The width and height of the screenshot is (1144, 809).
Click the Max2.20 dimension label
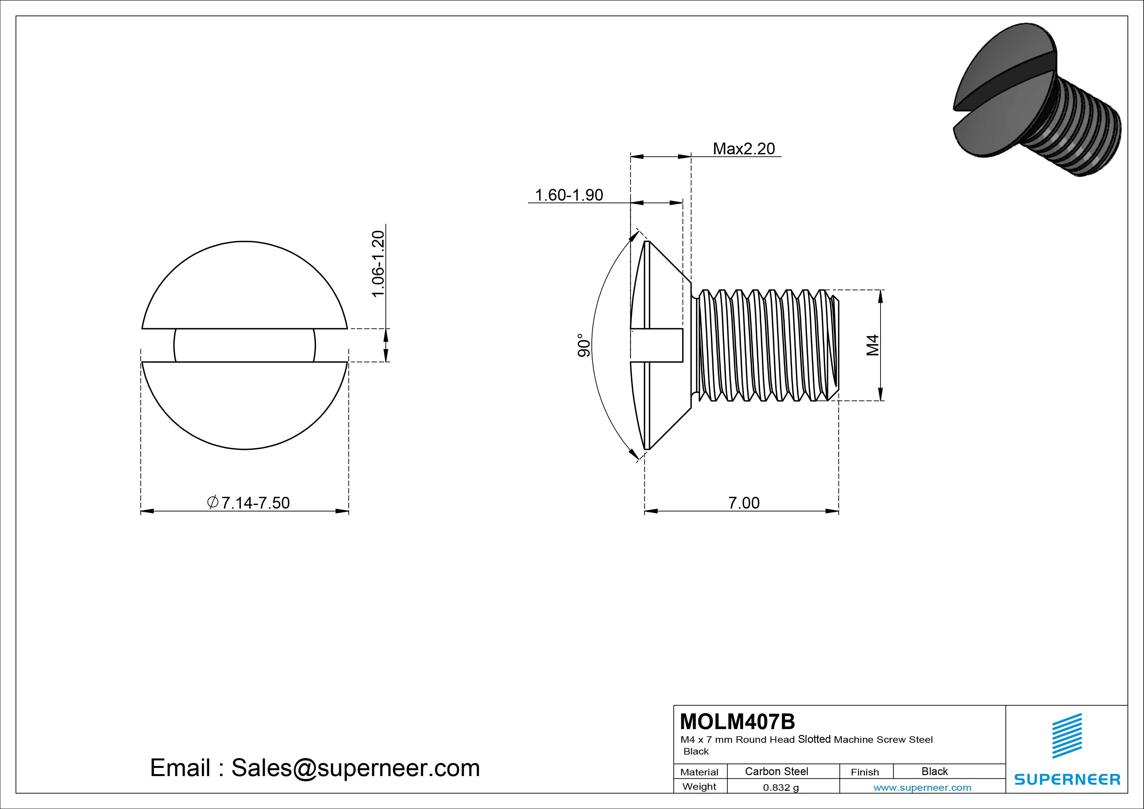pyautogui.click(x=744, y=148)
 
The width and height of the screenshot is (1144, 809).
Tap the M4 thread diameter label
pyautogui.click(x=872, y=345)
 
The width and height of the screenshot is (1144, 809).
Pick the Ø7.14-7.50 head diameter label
pyautogui.click(x=248, y=502)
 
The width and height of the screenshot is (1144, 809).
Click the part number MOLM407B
pyautogui.click(x=737, y=721)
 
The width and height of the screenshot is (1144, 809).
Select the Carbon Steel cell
pyautogui.click(x=776, y=771)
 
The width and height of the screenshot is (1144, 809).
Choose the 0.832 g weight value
pyautogui.click(x=780, y=787)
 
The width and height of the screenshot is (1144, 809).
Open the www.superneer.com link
pyautogui.click(x=922, y=787)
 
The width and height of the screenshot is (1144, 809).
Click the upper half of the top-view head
pyautogui.click(x=244, y=289)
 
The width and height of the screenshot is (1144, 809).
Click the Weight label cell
pyautogui.click(x=699, y=786)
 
